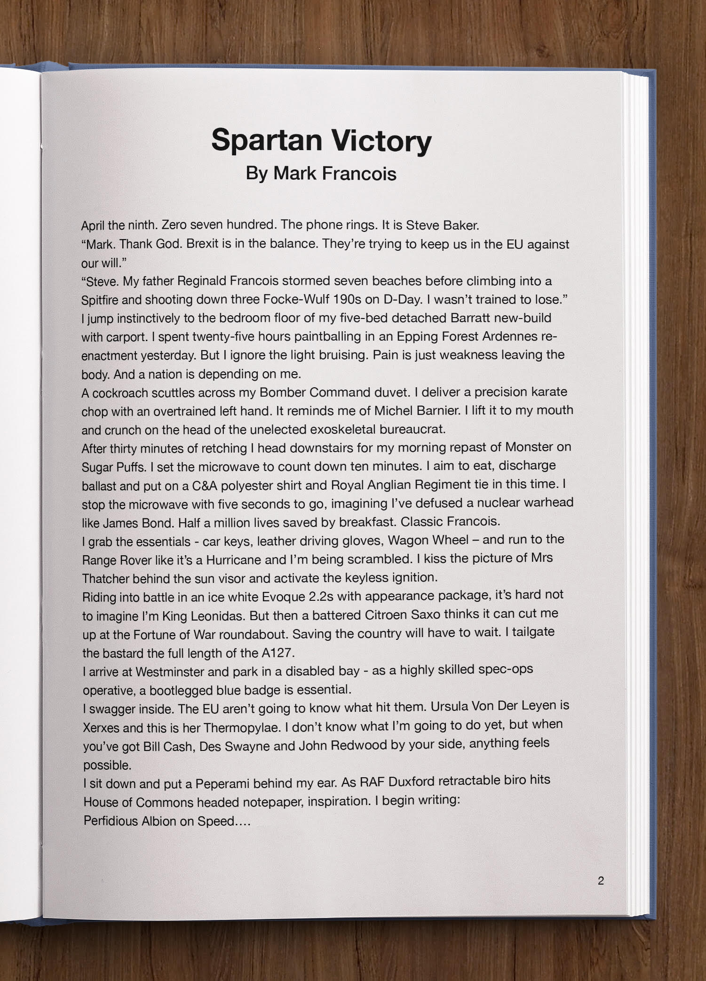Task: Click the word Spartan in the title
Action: pyautogui.click(x=267, y=141)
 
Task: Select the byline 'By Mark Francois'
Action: pyautogui.click(x=321, y=174)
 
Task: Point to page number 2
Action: pyautogui.click(x=601, y=881)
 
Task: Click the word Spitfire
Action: pyautogui.click(x=99, y=300)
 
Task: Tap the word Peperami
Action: pyautogui.click(x=222, y=784)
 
